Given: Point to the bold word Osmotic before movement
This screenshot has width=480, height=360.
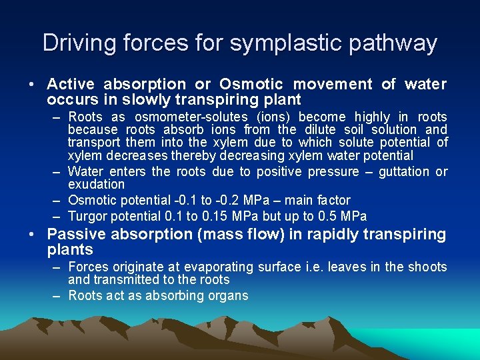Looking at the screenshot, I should tap(251, 84).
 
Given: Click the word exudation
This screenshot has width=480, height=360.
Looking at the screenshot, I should tap(96, 184).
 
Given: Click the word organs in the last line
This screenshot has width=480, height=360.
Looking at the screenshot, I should tap(227, 295).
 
